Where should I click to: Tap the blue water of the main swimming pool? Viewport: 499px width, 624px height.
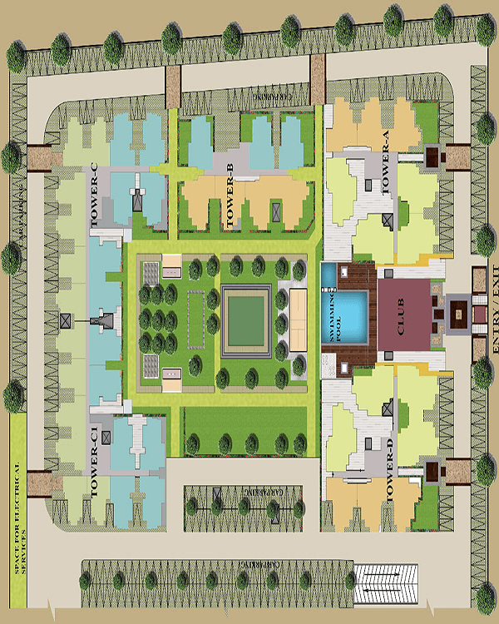tap(349, 318)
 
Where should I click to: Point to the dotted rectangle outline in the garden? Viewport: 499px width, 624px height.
tap(197, 318)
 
